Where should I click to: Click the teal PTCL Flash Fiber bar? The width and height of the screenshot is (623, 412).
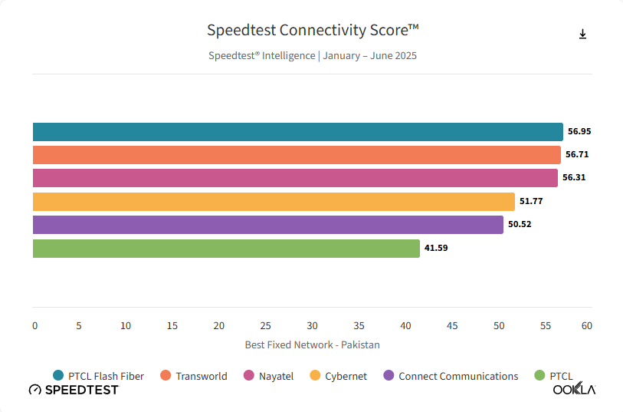tap(297, 132)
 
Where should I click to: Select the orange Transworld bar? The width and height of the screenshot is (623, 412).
tap(297, 155)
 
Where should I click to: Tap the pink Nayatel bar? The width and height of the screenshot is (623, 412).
tap(295, 178)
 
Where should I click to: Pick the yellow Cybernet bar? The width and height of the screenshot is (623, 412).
tap(274, 202)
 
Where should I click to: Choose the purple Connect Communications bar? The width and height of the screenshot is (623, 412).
tap(267, 225)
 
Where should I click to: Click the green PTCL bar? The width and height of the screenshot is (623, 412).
tap(226, 249)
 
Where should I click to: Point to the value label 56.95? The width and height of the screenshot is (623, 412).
tap(579, 131)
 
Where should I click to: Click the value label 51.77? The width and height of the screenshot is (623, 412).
tap(532, 201)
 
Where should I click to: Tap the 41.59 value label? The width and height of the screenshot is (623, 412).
tap(436, 248)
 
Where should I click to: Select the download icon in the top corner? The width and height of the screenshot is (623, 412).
tap(582, 34)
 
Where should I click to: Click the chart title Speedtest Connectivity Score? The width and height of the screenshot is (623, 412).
tap(313, 31)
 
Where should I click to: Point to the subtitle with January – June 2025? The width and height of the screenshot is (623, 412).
tap(313, 56)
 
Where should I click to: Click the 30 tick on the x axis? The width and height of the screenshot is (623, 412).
tap(313, 326)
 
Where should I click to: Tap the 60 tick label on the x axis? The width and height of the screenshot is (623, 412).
tap(587, 326)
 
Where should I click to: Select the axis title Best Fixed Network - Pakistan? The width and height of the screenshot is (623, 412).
tap(312, 345)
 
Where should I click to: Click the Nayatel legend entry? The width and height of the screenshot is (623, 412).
tap(268, 376)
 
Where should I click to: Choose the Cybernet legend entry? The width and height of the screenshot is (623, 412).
tap(338, 376)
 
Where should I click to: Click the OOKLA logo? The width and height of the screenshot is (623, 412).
tap(574, 389)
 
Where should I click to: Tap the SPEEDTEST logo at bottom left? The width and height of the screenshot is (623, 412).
tap(74, 390)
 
